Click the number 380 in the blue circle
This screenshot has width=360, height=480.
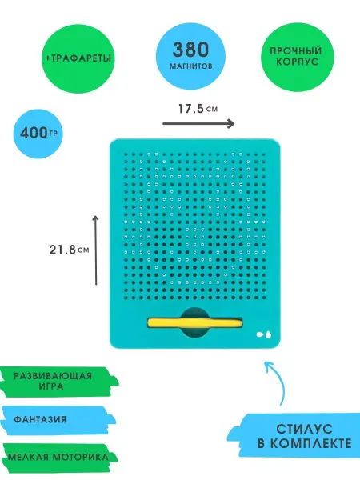[190, 50]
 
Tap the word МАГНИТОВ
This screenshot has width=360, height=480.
[190, 66]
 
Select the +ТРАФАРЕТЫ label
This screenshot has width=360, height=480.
[78, 58]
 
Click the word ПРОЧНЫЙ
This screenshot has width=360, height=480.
[296, 51]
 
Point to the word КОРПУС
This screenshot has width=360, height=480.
[298, 62]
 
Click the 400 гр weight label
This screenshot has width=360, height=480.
[38, 133]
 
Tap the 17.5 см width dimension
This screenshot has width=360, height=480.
[198, 109]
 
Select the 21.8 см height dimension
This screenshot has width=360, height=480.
[69, 250]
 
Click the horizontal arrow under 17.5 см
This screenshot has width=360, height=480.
[198, 124]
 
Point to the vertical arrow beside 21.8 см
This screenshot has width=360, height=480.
[96, 250]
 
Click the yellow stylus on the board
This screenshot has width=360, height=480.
[195, 323]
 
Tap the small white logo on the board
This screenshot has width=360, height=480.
[263, 334]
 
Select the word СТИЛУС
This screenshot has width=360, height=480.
[304, 429]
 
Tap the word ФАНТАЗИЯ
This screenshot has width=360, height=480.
[40, 419]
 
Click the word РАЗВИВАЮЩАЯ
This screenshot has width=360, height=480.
[53, 376]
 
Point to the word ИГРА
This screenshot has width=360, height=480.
[51, 386]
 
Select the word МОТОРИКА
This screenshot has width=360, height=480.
[81, 458]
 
